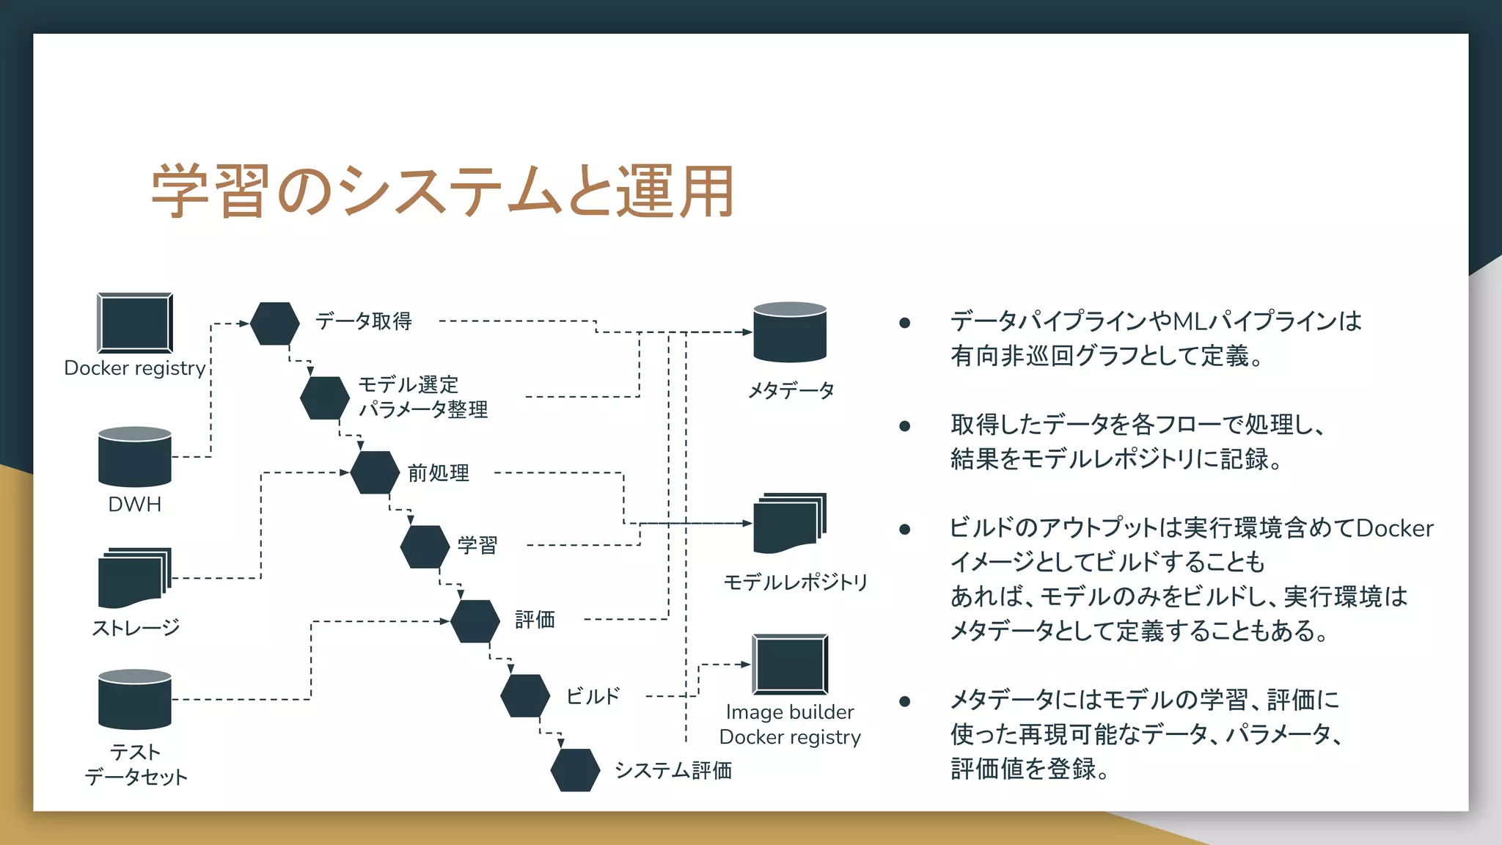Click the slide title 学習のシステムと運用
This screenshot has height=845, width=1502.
click(x=442, y=192)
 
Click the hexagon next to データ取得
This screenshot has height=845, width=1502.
click(x=275, y=323)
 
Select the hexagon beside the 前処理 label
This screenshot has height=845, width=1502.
click(x=375, y=472)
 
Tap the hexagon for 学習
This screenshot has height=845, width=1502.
click(x=425, y=546)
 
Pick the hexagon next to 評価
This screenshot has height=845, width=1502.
click(x=475, y=621)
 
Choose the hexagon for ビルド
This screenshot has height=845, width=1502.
click(x=525, y=695)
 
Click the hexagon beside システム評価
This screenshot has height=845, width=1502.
click(x=576, y=769)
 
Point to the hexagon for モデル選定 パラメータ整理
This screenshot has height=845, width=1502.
click(x=325, y=398)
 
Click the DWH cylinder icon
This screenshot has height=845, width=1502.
click(x=135, y=456)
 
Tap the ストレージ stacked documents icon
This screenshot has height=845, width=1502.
click(x=133, y=578)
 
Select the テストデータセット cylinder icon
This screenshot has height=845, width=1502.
click(x=135, y=699)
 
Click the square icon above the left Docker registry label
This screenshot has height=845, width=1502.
click(x=135, y=323)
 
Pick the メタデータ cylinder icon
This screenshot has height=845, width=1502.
click(x=790, y=332)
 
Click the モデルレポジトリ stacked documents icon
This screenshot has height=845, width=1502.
click(x=789, y=524)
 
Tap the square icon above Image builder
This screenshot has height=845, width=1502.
click(x=790, y=665)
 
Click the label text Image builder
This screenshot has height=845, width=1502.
click(x=790, y=712)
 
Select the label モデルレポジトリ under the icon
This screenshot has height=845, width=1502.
click(x=795, y=582)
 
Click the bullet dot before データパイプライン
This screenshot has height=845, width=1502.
click(x=905, y=323)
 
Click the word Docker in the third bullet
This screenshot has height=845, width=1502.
click(x=1394, y=528)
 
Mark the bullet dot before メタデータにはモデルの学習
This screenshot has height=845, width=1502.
click(x=905, y=701)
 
